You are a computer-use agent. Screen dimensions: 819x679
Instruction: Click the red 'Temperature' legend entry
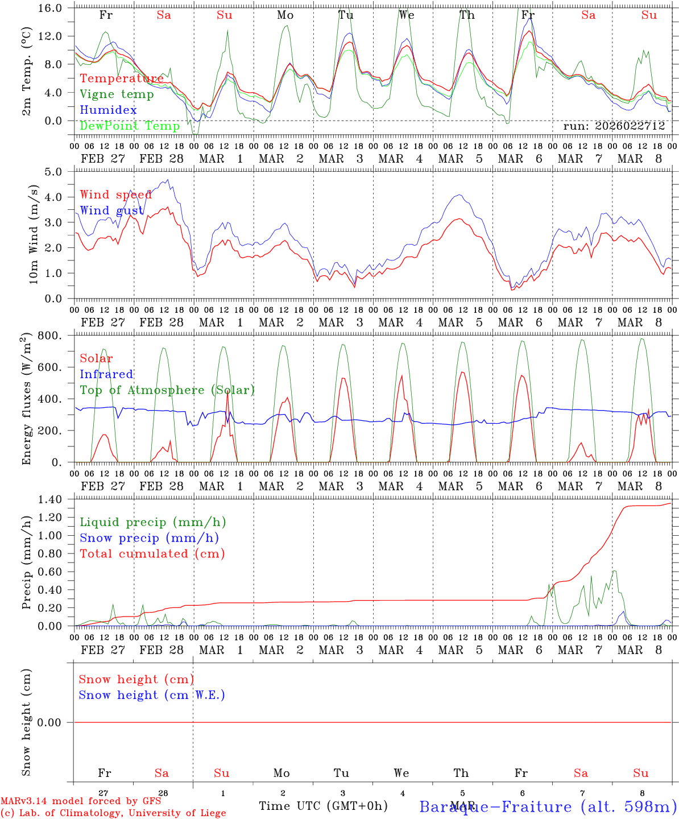click(x=121, y=78)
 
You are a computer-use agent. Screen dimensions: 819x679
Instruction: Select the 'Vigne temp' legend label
click(x=117, y=94)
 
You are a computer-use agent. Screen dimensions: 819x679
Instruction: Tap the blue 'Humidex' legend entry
click(x=108, y=110)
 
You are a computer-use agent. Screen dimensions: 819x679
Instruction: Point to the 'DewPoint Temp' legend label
click(x=130, y=126)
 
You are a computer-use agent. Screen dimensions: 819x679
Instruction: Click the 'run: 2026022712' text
click(x=614, y=126)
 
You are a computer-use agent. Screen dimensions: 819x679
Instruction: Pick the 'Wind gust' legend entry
click(x=111, y=210)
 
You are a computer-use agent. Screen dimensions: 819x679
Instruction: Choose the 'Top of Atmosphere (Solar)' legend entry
click(x=167, y=390)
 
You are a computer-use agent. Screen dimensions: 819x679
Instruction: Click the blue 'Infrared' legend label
click(x=106, y=374)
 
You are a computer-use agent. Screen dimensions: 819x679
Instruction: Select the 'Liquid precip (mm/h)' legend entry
click(x=152, y=522)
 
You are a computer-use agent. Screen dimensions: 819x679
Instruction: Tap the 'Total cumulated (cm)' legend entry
click(x=152, y=553)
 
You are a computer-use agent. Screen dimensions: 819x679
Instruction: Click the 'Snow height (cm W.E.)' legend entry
click(x=152, y=695)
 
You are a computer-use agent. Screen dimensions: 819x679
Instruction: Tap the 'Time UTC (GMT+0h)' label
click(x=323, y=806)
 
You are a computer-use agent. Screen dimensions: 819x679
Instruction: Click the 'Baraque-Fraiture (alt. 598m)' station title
click(x=548, y=806)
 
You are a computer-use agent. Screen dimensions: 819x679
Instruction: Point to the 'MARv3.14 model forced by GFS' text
click(x=81, y=801)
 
